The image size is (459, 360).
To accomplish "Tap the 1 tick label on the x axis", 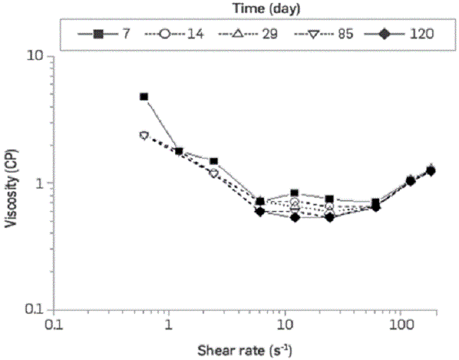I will (x=168, y=324).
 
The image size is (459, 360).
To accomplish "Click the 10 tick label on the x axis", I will (x=284, y=324).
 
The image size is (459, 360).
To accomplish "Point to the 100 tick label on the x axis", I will (x=400, y=324).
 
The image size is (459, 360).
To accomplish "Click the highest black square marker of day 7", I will (x=144, y=97).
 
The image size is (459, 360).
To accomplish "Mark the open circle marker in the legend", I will (x=164, y=33).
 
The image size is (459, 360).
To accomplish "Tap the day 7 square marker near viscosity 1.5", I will (x=214, y=161).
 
